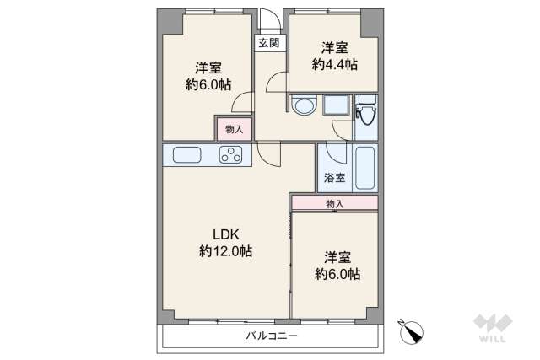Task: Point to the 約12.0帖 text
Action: (225, 250)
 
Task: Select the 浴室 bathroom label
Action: (333, 178)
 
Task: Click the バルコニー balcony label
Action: (272, 336)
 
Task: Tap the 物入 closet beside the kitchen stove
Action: (234, 129)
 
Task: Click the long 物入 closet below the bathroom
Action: (334, 203)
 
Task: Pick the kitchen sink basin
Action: (186, 154)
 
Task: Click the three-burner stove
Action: (230, 154)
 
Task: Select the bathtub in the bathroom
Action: (364, 167)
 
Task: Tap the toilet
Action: (365, 116)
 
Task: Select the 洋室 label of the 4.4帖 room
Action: (333, 47)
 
